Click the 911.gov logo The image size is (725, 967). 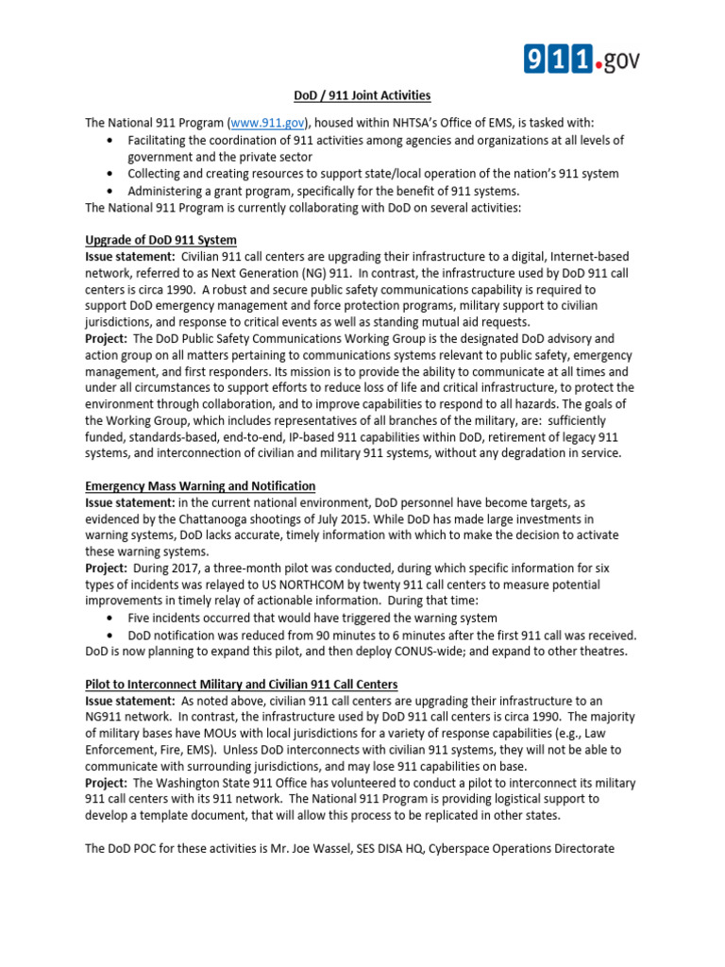(582, 59)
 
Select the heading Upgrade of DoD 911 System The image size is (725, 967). (160, 240)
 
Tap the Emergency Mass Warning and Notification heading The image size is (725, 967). (200, 486)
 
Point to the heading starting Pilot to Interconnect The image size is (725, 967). (241, 684)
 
